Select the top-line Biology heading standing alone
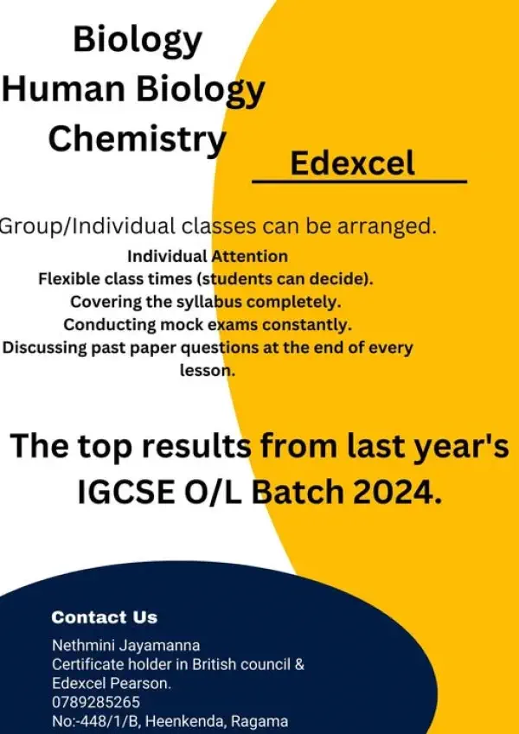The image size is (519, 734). coord(138,39)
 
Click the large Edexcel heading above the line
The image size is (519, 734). coord(352,163)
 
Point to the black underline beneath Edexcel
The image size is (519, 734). coord(359,182)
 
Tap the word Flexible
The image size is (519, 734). coord(70,279)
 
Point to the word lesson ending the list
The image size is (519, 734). coord(208,370)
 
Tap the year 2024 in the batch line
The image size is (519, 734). coord(397,494)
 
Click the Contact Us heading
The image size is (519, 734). coord(105,617)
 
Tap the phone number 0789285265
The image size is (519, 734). coord(96,702)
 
